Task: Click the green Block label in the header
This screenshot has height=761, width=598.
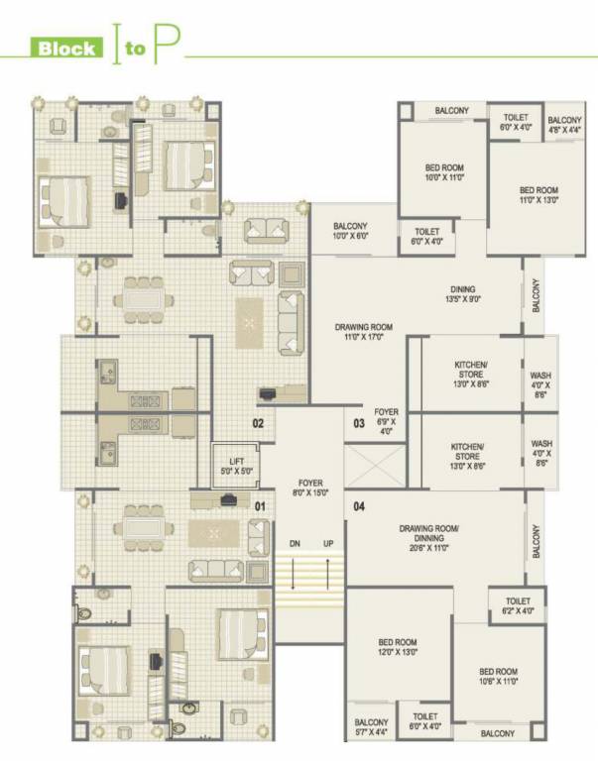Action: click(x=67, y=48)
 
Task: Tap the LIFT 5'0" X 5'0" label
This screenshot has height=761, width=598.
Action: click(x=235, y=465)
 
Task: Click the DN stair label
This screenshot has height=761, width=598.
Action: click(x=295, y=544)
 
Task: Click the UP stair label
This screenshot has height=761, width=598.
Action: click(x=327, y=544)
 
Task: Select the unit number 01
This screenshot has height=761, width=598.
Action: click(x=260, y=506)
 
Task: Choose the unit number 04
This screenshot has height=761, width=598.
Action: click(x=358, y=506)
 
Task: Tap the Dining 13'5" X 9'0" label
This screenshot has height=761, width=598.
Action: click(x=462, y=293)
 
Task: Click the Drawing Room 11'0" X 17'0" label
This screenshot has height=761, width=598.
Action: click(x=363, y=332)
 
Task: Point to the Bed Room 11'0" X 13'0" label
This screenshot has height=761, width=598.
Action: click(x=538, y=194)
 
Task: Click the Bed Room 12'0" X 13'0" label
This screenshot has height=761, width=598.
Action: click(x=398, y=646)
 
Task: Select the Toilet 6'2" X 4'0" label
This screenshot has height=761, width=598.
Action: click(x=518, y=606)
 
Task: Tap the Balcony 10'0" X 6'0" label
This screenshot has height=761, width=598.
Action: click(x=350, y=231)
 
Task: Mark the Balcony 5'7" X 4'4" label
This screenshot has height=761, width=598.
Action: click(x=371, y=727)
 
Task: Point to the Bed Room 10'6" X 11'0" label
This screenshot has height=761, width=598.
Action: click(x=498, y=676)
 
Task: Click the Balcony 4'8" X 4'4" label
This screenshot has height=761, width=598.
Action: click(x=564, y=123)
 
